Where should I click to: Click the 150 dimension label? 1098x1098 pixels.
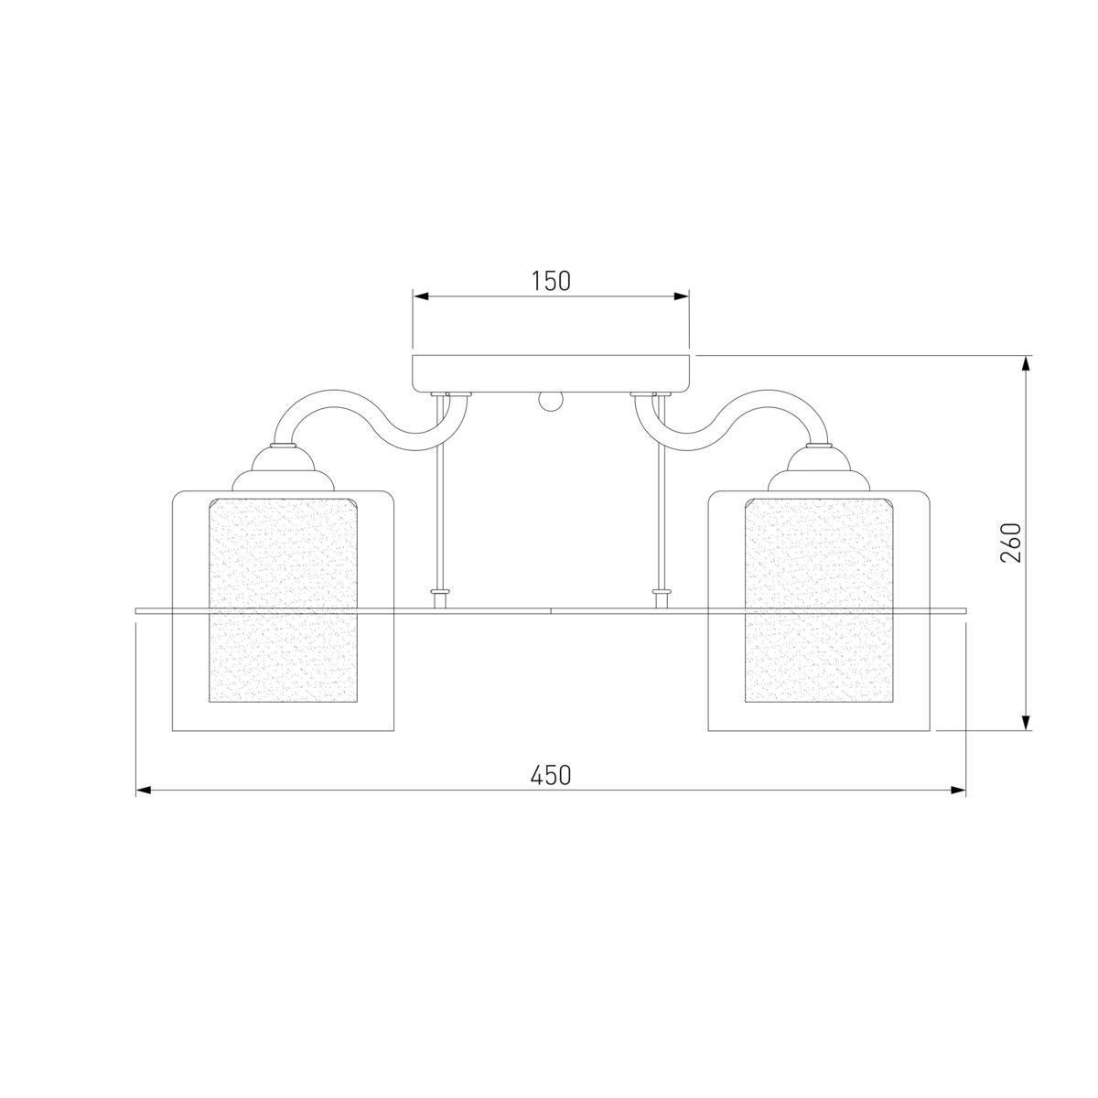[x=551, y=281]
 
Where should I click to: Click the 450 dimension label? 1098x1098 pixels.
[x=551, y=775]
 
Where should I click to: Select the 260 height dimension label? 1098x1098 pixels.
[x=1010, y=542]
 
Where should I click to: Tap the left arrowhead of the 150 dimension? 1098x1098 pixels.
[x=421, y=296]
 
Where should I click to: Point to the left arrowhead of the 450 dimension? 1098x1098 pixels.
[x=144, y=791]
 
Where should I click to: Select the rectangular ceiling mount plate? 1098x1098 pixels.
[x=551, y=374]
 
